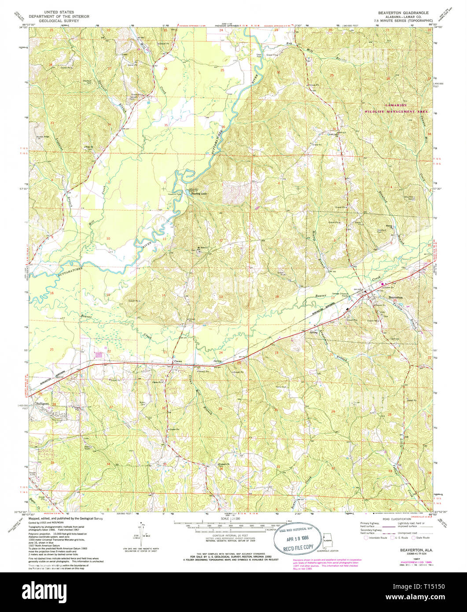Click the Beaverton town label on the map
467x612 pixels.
click(x=396, y=298)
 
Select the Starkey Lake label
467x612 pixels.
click(x=199, y=193)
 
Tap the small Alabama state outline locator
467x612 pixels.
click(x=327, y=540)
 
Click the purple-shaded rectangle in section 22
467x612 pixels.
click(x=99, y=354)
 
